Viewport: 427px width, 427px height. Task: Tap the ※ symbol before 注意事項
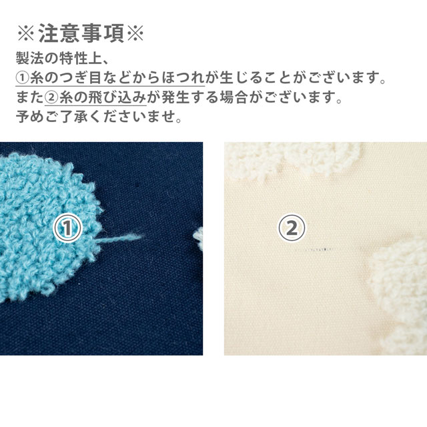(25, 34)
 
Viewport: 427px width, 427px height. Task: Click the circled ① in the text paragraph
(22, 79)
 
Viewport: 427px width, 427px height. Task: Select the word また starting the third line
(29, 98)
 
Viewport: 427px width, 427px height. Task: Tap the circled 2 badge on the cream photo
(291, 229)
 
